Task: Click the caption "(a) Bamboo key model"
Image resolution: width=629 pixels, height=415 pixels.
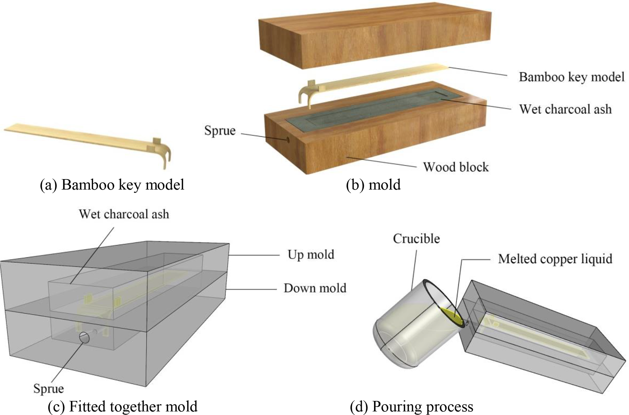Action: click(112, 185)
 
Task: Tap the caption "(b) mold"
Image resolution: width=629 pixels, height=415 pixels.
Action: click(373, 185)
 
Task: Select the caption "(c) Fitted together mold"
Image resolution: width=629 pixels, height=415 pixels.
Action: click(123, 406)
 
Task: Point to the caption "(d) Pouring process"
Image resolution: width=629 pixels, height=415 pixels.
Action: click(411, 406)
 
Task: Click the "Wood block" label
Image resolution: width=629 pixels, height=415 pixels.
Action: click(456, 167)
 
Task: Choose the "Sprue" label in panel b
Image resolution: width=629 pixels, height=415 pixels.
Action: click(220, 131)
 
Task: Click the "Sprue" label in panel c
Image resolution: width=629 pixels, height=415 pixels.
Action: click(49, 389)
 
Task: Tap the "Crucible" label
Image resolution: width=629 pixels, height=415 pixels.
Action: click(416, 239)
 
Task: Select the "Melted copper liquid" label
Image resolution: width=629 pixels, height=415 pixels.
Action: click(555, 259)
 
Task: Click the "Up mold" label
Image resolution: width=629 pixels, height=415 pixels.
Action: click(311, 255)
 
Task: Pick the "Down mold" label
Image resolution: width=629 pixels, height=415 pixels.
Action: click(315, 288)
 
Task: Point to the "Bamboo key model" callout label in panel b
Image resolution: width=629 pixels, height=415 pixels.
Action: click(571, 77)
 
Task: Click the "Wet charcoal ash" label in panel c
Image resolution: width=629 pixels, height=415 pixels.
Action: click(124, 214)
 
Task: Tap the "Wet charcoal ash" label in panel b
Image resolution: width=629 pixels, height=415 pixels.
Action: click(565, 109)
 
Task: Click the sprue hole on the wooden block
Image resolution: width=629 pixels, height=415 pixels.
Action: click(287, 140)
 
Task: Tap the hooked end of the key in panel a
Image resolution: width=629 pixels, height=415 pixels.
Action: click(166, 155)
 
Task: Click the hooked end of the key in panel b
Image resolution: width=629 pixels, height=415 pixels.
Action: click(306, 94)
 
